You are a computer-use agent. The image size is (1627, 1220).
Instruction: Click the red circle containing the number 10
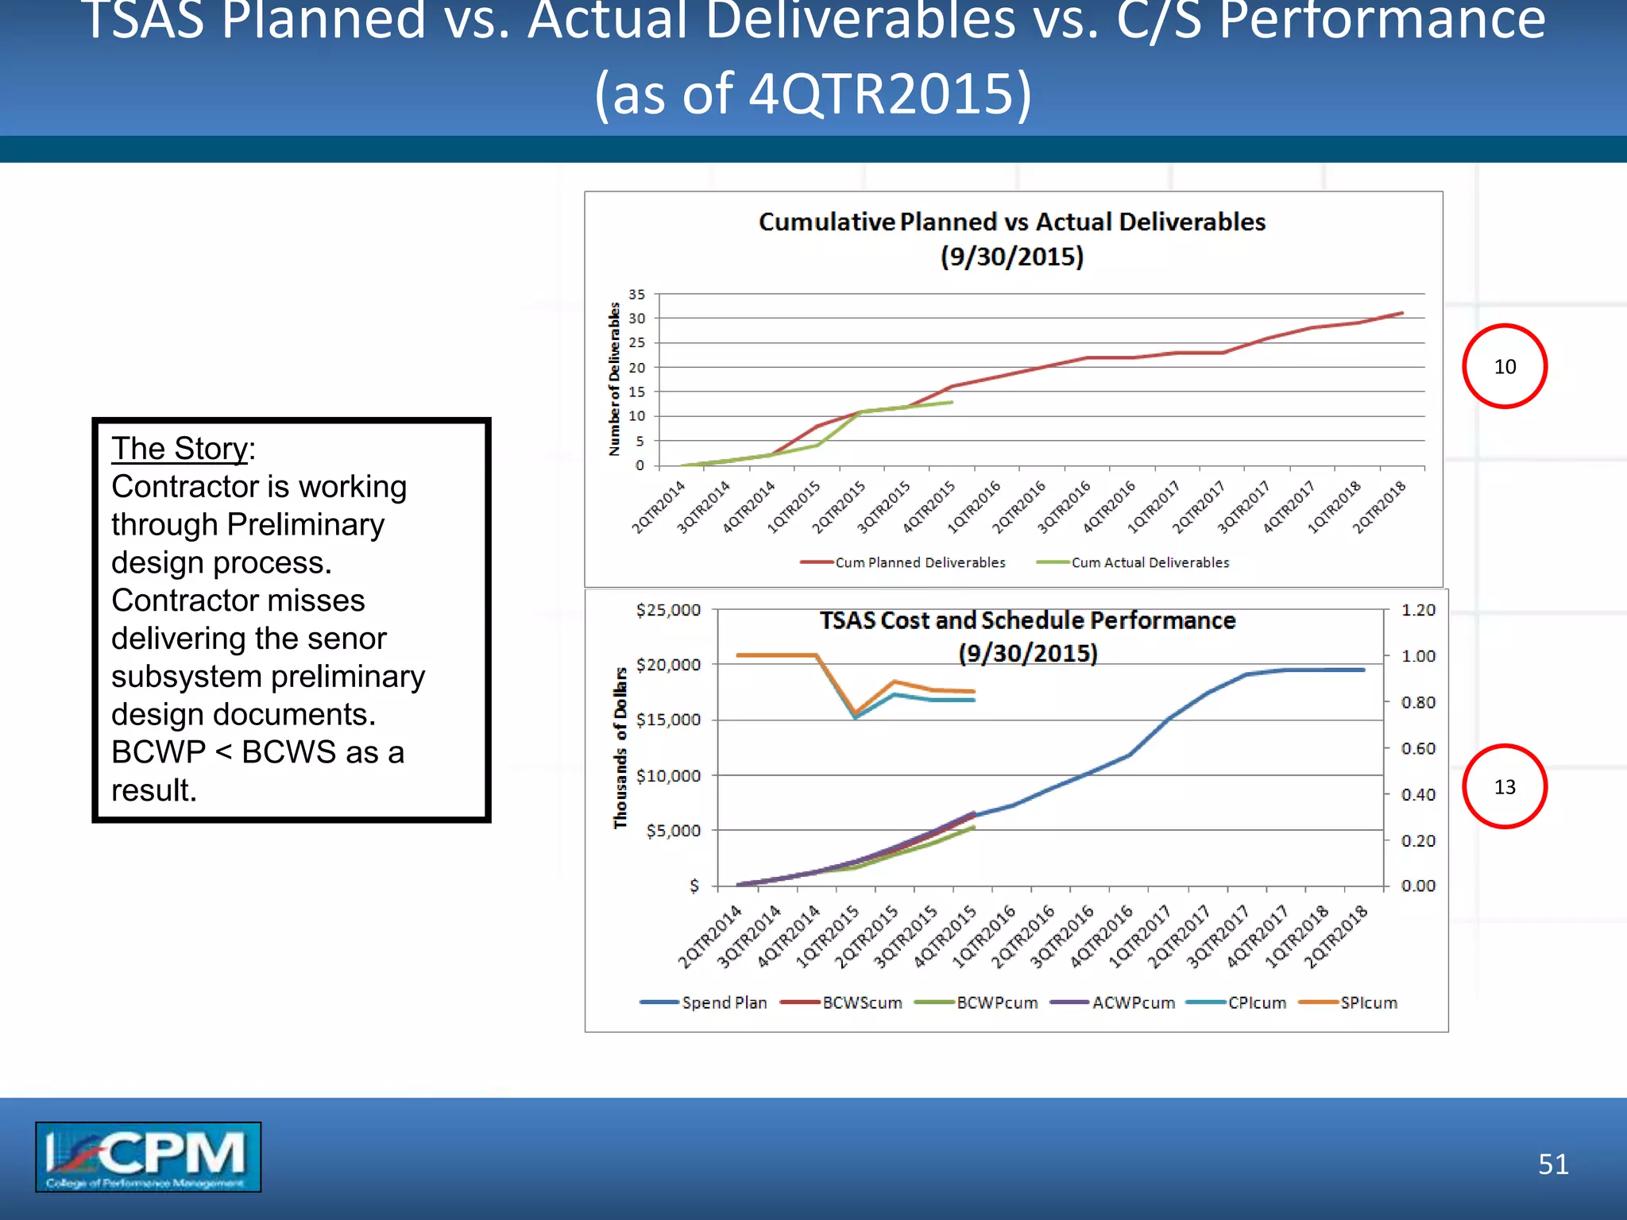coord(1504,366)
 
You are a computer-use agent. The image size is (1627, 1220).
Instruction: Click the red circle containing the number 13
coord(1504,786)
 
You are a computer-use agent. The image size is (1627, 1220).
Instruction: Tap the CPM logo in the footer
coord(148,1156)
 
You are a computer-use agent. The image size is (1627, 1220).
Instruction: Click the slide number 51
coord(1553,1164)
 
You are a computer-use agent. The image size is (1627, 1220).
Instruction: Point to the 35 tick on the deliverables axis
coord(637,295)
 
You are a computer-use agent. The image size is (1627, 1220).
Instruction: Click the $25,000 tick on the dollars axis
coord(668,610)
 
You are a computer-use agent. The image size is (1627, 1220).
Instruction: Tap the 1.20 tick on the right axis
coord(1418,610)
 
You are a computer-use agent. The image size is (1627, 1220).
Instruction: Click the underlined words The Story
coord(180,449)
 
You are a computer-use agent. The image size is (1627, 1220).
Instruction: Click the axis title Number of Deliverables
coord(614,379)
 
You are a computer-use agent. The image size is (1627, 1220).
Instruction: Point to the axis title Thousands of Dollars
coord(620,747)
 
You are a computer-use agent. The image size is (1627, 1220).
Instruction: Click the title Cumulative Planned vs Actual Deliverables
coord(1011,222)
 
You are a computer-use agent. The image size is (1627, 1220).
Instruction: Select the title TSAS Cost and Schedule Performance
coord(1027,620)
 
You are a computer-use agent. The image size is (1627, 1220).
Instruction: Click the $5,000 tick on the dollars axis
coord(673,831)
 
